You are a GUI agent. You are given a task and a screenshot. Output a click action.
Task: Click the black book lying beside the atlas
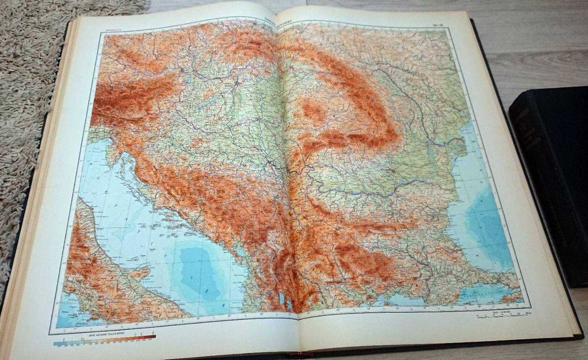click(x=550, y=176)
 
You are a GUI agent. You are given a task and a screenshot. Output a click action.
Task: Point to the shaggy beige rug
click(x=29, y=88)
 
